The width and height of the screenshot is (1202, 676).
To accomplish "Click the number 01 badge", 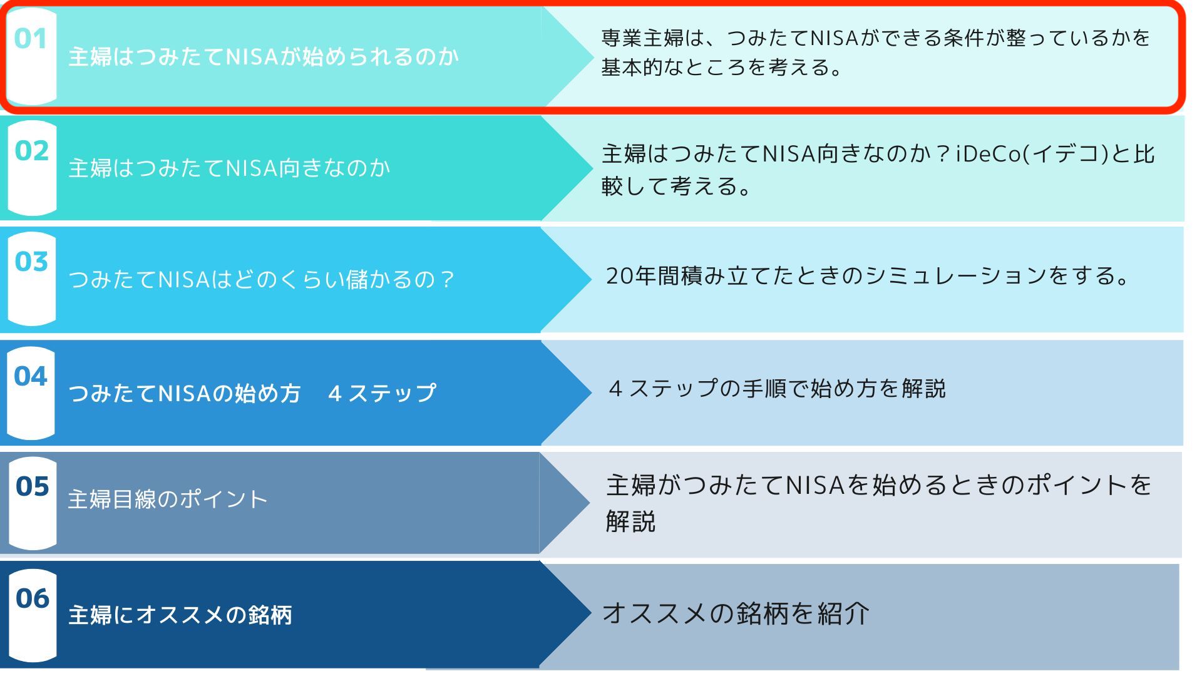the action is (x=31, y=39).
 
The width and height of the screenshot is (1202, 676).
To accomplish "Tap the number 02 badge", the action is (x=32, y=151).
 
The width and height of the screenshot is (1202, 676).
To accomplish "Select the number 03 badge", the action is (x=31, y=262).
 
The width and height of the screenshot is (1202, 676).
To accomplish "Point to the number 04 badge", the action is (x=31, y=376).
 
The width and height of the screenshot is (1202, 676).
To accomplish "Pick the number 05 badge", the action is (x=33, y=486).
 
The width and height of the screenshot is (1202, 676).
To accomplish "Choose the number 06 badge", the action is (x=33, y=598).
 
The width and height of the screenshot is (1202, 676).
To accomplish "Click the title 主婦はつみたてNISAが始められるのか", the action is (x=264, y=57).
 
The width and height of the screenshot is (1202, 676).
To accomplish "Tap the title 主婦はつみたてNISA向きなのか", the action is (x=229, y=168).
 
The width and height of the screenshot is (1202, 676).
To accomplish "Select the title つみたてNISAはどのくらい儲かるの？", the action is (x=261, y=279).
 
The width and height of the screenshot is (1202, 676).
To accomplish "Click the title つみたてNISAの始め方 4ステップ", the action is (x=252, y=393).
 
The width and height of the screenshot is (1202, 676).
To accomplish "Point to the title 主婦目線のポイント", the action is (x=168, y=499).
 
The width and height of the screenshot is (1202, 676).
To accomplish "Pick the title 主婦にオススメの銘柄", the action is (x=180, y=615).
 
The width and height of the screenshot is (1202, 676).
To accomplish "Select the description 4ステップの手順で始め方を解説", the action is (x=777, y=389).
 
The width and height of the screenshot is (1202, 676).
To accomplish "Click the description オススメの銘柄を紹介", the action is (x=736, y=613).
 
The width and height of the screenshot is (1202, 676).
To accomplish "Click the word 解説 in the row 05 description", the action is (x=630, y=521).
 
